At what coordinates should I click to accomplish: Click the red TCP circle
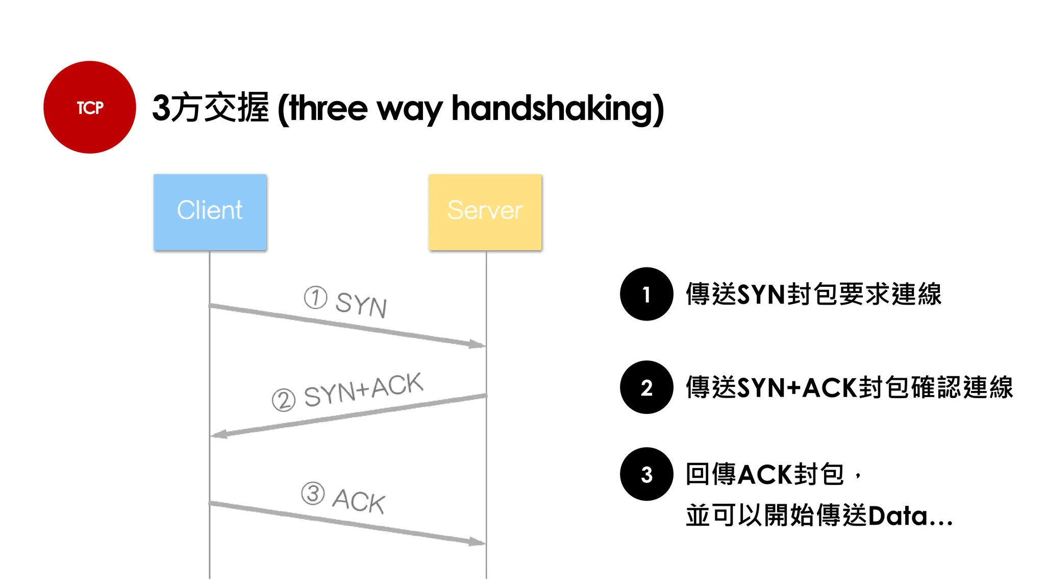tap(90, 107)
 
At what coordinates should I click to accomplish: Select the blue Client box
tap(210, 212)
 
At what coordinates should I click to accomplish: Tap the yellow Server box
tap(485, 212)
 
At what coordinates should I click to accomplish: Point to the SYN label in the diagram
tap(361, 305)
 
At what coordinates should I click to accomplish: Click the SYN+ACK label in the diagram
tap(363, 390)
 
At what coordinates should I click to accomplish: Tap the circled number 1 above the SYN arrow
tap(315, 298)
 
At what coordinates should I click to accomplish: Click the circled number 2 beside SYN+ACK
tap(284, 400)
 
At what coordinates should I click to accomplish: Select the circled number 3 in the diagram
tap(313, 494)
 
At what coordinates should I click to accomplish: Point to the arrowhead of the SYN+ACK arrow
tap(218, 434)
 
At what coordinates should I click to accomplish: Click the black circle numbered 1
tap(646, 294)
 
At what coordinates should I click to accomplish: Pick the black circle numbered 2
tap(646, 387)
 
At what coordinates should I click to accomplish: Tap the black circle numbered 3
tap(646, 474)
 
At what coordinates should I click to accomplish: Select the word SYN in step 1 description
tap(761, 295)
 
